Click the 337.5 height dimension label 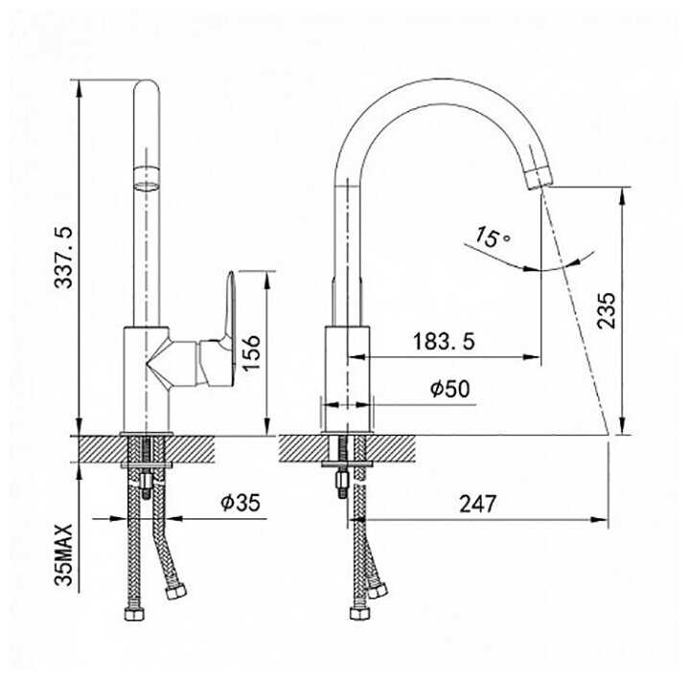[63, 258]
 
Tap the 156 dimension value [251, 353]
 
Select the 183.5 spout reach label [444, 341]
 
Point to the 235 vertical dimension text [607, 310]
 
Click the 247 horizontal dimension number [478, 504]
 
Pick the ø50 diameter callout [449, 388]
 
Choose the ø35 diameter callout [241, 502]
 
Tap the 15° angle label [493, 238]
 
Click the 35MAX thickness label [63, 554]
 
